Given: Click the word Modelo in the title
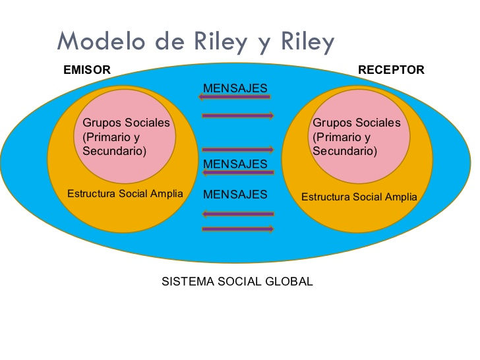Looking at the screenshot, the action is (101, 41).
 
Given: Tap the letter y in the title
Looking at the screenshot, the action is (263, 44).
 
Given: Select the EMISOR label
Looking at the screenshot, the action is (87, 70).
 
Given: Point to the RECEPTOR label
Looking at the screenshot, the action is (391, 70).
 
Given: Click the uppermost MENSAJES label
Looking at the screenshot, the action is (235, 88).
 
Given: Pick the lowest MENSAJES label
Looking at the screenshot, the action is (235, 195).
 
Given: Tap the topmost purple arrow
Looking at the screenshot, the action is (235, 97).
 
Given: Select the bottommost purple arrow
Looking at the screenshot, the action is (238, 229).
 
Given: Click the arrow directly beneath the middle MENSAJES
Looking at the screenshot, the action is (238, 173).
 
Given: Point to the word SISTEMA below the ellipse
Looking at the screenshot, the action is (188, 282).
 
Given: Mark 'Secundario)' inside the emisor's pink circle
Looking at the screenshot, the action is (115, 151).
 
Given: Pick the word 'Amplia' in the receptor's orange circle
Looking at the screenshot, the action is (401, 197).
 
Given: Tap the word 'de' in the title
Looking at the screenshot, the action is (169, 42).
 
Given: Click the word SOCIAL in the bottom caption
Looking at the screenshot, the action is (239, 282).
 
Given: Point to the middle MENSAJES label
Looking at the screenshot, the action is (235, 164).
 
